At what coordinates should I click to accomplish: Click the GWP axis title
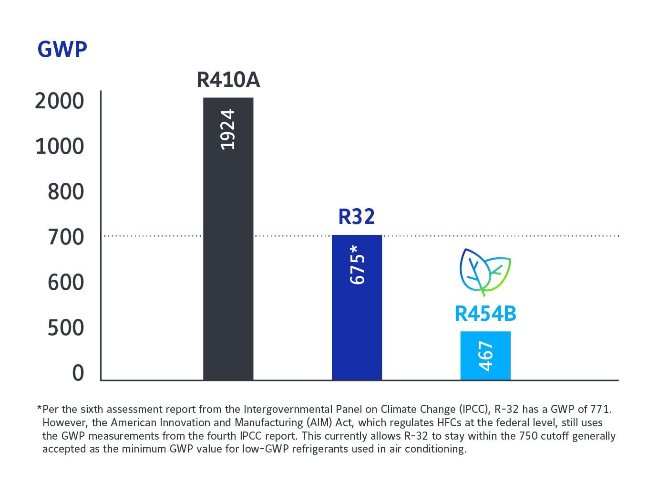click(x=62, y=49)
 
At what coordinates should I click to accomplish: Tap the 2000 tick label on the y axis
click(x=60, y=101)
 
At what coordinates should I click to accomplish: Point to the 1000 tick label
click(x=60, y=147)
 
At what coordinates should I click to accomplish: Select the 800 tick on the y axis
click(x=66, y=192)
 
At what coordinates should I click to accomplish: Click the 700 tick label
click(x=66, y=237)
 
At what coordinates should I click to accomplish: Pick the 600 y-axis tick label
click(x=66, y=283)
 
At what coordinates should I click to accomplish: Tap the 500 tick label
click(x=66, y=328)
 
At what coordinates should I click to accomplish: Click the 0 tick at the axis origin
click(x=78, y=373)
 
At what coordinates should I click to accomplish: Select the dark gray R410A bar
click(x=228, y=263)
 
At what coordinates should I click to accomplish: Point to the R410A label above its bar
click(x=228, y=80)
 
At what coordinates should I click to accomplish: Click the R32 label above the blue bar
click(x=357, y=217)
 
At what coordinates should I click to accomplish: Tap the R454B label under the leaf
click(x=485, y=314)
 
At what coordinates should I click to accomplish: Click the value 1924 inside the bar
click(x=228, y=129)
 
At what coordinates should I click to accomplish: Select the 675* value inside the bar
click(x=357, y=264)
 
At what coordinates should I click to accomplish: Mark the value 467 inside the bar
click(x=485, y=356)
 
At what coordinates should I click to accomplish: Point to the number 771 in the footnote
click(x=600, y=409)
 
